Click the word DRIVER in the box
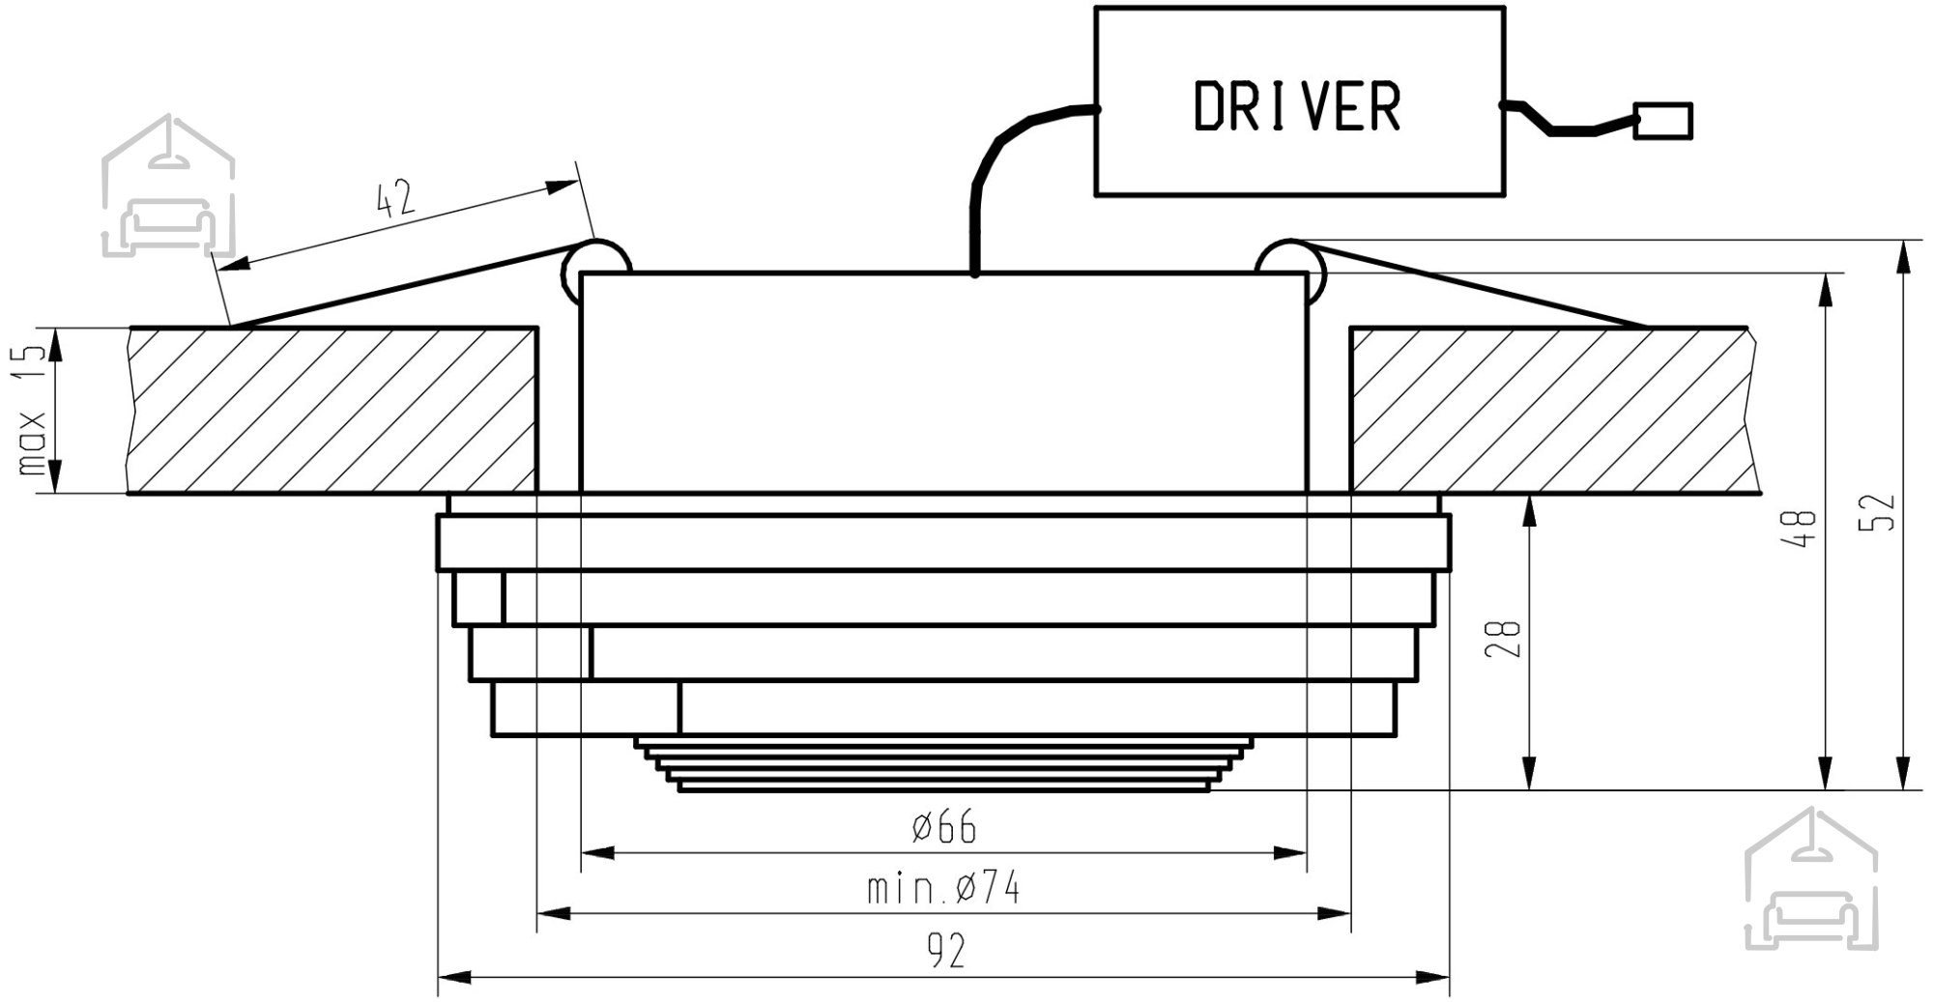tap(1297, 106)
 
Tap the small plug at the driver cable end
tap(1662, 121)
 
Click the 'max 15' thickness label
tap(32, 410)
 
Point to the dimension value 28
tap(1506, 639)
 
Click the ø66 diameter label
tap(944, 828)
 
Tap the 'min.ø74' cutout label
tap(943, 888)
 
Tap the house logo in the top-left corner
tap(167, 186)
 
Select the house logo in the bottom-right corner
tap(1811, 878)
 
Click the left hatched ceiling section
tap(332, 411)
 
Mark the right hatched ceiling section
tap(1550, 411)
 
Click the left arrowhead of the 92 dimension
tap(453, 978)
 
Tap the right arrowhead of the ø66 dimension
tap(1290, 853)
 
